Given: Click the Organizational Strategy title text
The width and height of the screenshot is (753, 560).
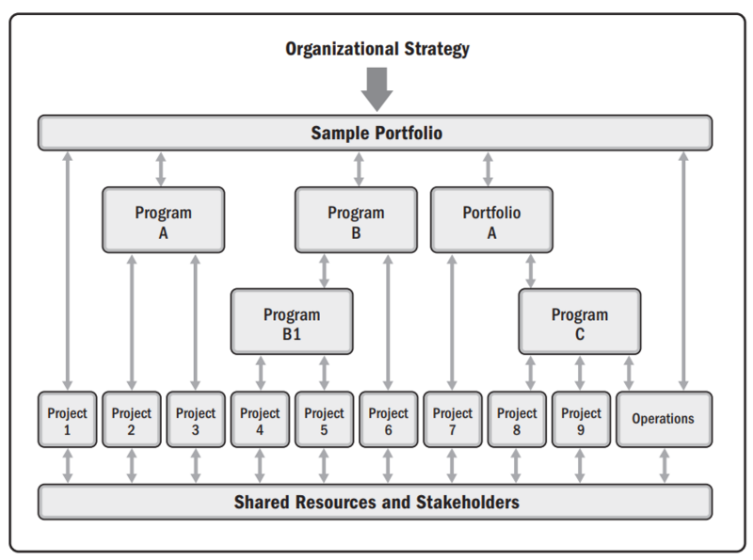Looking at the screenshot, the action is pos(377,49).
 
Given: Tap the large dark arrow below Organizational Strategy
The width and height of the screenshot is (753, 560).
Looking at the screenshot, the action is pos(377,89).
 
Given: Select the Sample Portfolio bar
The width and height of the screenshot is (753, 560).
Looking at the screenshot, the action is pos(375,133).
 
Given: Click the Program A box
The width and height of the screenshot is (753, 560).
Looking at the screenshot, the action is pos(163,220).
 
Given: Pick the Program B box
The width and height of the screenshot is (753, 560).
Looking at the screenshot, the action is pos(356,220).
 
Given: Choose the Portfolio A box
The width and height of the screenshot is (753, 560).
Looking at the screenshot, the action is pos(491,220).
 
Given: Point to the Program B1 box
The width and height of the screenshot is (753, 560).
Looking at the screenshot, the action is pos(292,321).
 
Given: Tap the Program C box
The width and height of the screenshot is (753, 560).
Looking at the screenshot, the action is pos(580,321).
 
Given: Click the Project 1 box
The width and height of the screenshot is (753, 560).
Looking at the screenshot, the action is pos(67,419).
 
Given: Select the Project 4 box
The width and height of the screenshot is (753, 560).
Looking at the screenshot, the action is pos(260,419).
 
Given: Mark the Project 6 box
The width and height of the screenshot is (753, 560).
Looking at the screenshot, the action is pos(388,419).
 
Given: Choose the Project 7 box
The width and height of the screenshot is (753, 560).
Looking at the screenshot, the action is pos(453,419).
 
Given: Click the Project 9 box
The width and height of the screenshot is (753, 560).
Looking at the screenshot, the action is pos(581,419).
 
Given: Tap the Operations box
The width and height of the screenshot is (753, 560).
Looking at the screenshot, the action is pos(665,419).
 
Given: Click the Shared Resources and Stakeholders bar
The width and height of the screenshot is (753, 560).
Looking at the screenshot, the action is pos(375,502).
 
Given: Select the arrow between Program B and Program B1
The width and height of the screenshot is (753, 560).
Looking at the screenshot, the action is pos(324,271).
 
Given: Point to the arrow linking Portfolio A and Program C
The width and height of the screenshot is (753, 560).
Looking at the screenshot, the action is pos(530,271).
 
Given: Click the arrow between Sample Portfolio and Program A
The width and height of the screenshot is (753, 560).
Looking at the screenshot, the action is pos(161,169).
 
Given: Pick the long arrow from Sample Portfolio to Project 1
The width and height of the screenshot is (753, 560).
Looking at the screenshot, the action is pos(68,271).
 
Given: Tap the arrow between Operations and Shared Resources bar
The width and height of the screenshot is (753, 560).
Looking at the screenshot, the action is pos(665,466).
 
